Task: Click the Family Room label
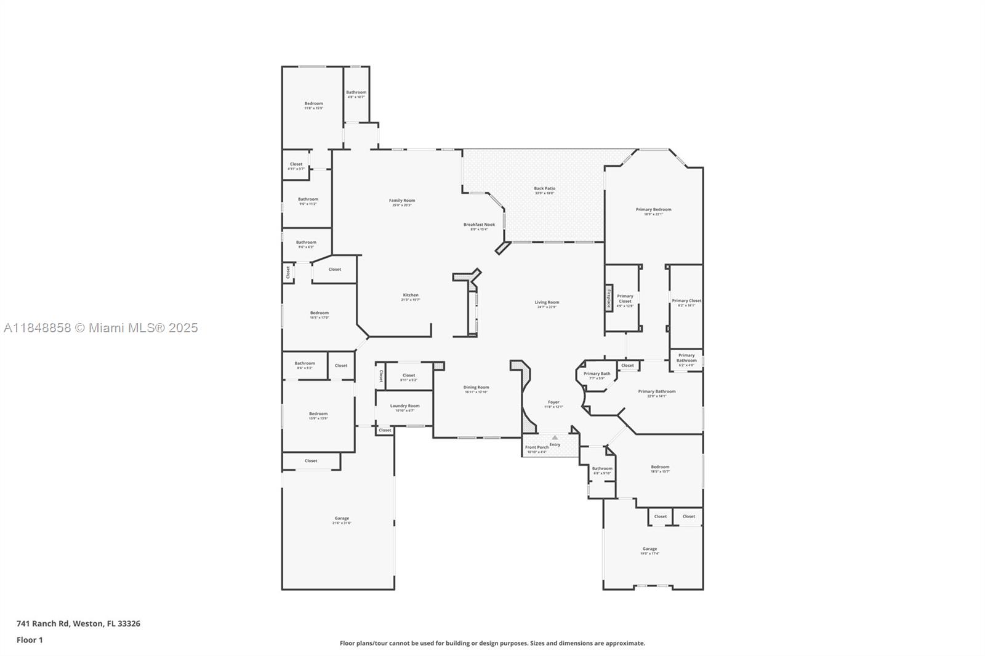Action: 402,201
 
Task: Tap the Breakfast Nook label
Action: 479,225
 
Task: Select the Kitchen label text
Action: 411,295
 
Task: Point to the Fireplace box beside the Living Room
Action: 609,298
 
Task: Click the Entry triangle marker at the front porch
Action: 555,438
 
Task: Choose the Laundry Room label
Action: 404,406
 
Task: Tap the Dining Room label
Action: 476,388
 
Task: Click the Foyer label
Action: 553,402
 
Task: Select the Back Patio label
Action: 544,189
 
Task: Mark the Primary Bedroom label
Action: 653,210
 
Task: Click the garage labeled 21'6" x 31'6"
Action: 342,519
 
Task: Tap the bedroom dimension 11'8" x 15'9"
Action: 313,108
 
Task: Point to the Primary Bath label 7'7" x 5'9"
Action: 597,374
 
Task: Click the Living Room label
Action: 547,303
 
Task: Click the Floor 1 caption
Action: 30,640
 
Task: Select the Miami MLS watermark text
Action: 101,328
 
